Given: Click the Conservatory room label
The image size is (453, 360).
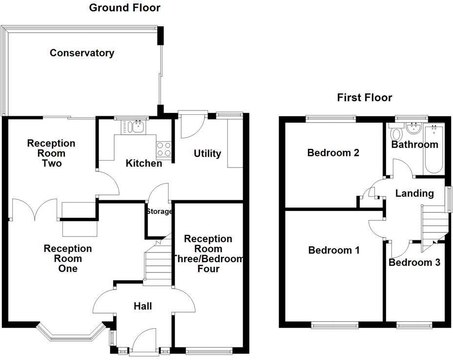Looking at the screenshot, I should point(82,53).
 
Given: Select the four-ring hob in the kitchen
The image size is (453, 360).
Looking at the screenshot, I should point(165,148).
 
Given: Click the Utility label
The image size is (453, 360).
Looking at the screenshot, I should point(207,153).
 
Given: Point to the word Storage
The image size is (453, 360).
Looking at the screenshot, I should point(159,212).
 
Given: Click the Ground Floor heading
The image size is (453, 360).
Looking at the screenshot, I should point(124,8).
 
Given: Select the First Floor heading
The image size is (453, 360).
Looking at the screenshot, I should point(364,98).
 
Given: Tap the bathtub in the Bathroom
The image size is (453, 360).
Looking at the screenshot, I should point(433,149).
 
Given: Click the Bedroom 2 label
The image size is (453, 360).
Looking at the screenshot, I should point(333,153).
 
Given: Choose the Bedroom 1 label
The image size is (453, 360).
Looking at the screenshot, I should point(334,251).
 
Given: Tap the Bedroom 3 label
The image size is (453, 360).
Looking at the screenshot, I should point(414,262).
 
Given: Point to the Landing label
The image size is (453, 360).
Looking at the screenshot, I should point(414,193).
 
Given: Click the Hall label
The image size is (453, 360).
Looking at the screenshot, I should point(143,306).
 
